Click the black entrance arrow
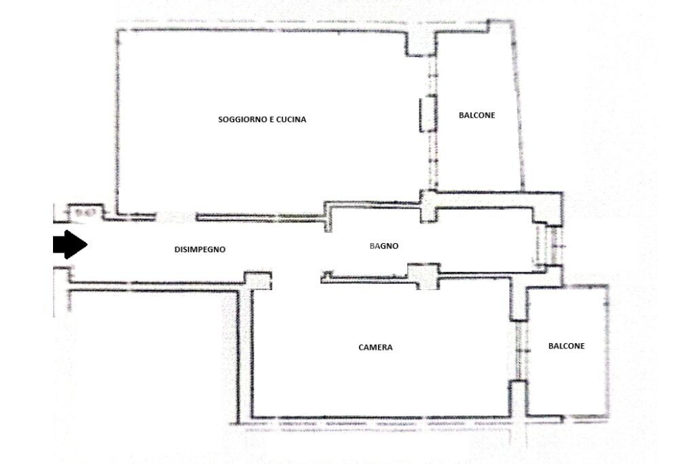tap(70, 245)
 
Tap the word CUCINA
tap(291, 120)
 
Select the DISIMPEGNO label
tap(200, 249)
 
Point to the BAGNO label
tap(384, 246)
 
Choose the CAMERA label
tap(375, 347)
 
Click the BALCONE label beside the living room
tap(476, 115)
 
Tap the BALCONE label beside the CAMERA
tap(566, 346)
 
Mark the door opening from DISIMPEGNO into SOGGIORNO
tap(176, 217)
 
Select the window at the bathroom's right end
tap(549, 245)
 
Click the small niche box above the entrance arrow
tap(86, 211)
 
